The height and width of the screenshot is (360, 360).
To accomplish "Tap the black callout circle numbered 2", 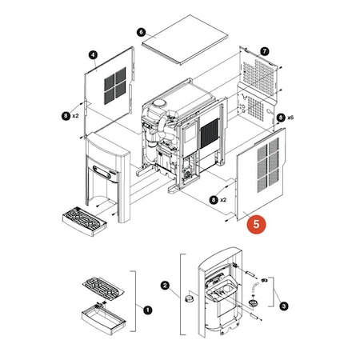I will point(166,285).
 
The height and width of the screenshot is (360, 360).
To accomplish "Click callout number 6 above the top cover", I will point(141,32).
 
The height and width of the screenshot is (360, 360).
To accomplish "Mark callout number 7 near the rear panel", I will point(265,50).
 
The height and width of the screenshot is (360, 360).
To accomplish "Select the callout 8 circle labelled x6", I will point(281,118).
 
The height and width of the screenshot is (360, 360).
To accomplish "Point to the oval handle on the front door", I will point(102,172).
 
